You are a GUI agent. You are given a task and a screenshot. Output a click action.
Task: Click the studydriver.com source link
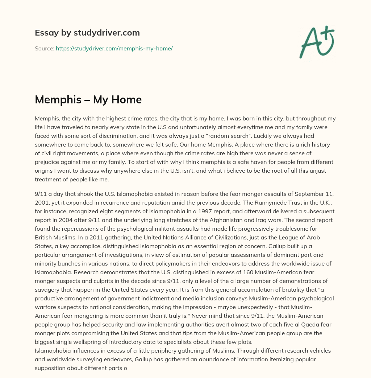(x=114, y=48)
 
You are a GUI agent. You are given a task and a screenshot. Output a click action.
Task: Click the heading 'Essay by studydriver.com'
(x=87, y=33)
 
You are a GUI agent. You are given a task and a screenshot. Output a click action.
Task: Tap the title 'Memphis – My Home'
(x=88, y=100)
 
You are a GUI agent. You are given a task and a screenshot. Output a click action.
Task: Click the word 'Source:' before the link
(x=44, y=48)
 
